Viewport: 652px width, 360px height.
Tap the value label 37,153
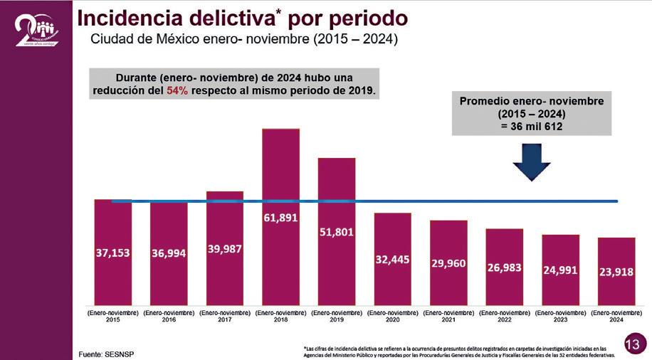tap(112, 253)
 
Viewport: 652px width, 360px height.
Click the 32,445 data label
tap(392, 260)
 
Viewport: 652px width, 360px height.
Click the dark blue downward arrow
tap(531, 161)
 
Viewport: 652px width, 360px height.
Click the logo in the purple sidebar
tap(36, 30)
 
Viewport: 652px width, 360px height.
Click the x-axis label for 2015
tap(112, 317)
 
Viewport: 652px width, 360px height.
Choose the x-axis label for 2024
tap(616, 317)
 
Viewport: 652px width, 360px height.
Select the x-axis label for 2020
tap(392, 317)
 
